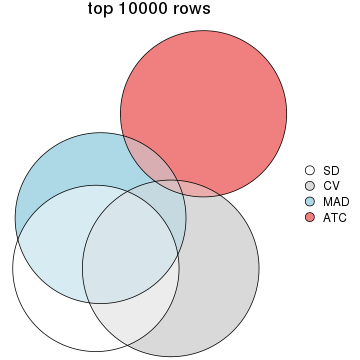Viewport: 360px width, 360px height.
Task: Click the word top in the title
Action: pyautogui.click(x=102, y=11)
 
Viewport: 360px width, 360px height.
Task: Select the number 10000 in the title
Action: pyautogui.click(x=152, y=11)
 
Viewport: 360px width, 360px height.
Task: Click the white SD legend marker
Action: pyautogui.click(x=310, y=171)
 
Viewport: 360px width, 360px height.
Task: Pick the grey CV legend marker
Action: pyautogui.click(x=310, y=186)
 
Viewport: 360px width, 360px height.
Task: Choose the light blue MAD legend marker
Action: pyautogui.click(x=310, y=201)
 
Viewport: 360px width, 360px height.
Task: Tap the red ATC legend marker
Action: pyautogui.click(x=310, y=216)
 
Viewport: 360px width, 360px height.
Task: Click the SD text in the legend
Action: pyautogui.click(x=331, y=171)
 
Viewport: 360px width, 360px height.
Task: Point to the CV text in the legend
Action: pyautogui.click(x=331, y=186)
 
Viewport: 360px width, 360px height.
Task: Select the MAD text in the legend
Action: pyautogui.click(x=335, y=201)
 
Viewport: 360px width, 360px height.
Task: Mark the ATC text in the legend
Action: pyautogui.click(x=334, y=216)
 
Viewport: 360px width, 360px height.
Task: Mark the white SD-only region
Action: pyautogui.click(x=45, y=290)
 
